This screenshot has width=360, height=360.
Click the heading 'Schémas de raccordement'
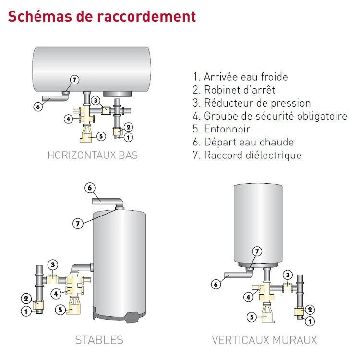(x=102, y=16)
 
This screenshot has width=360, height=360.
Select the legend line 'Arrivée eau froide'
(x=247, y=77)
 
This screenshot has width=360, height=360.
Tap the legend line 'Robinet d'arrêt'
(x=234, y=90)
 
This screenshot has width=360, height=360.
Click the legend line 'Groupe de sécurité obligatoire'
(x=269, y=116)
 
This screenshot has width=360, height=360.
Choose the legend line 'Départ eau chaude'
(x=243, y=142)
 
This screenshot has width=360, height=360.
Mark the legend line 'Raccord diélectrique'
(x=247, y=155)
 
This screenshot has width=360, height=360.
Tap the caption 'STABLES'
(x=99, y=340)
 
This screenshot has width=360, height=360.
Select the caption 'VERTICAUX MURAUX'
(x=264, y=340)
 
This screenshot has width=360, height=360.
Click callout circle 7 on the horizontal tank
(x=74, y=80)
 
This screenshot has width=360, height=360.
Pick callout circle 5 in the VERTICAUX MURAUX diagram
(x=251, y=317)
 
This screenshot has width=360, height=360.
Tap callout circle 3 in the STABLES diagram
(x=53, y=264)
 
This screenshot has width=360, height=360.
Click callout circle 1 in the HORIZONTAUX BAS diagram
(x=128, y=137)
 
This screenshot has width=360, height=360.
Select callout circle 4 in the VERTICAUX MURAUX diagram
(x=249, y=297)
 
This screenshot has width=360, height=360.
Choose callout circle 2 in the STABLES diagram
(x=27, y=298)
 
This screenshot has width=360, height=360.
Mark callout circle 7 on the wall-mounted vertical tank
(x=257, y=252)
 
